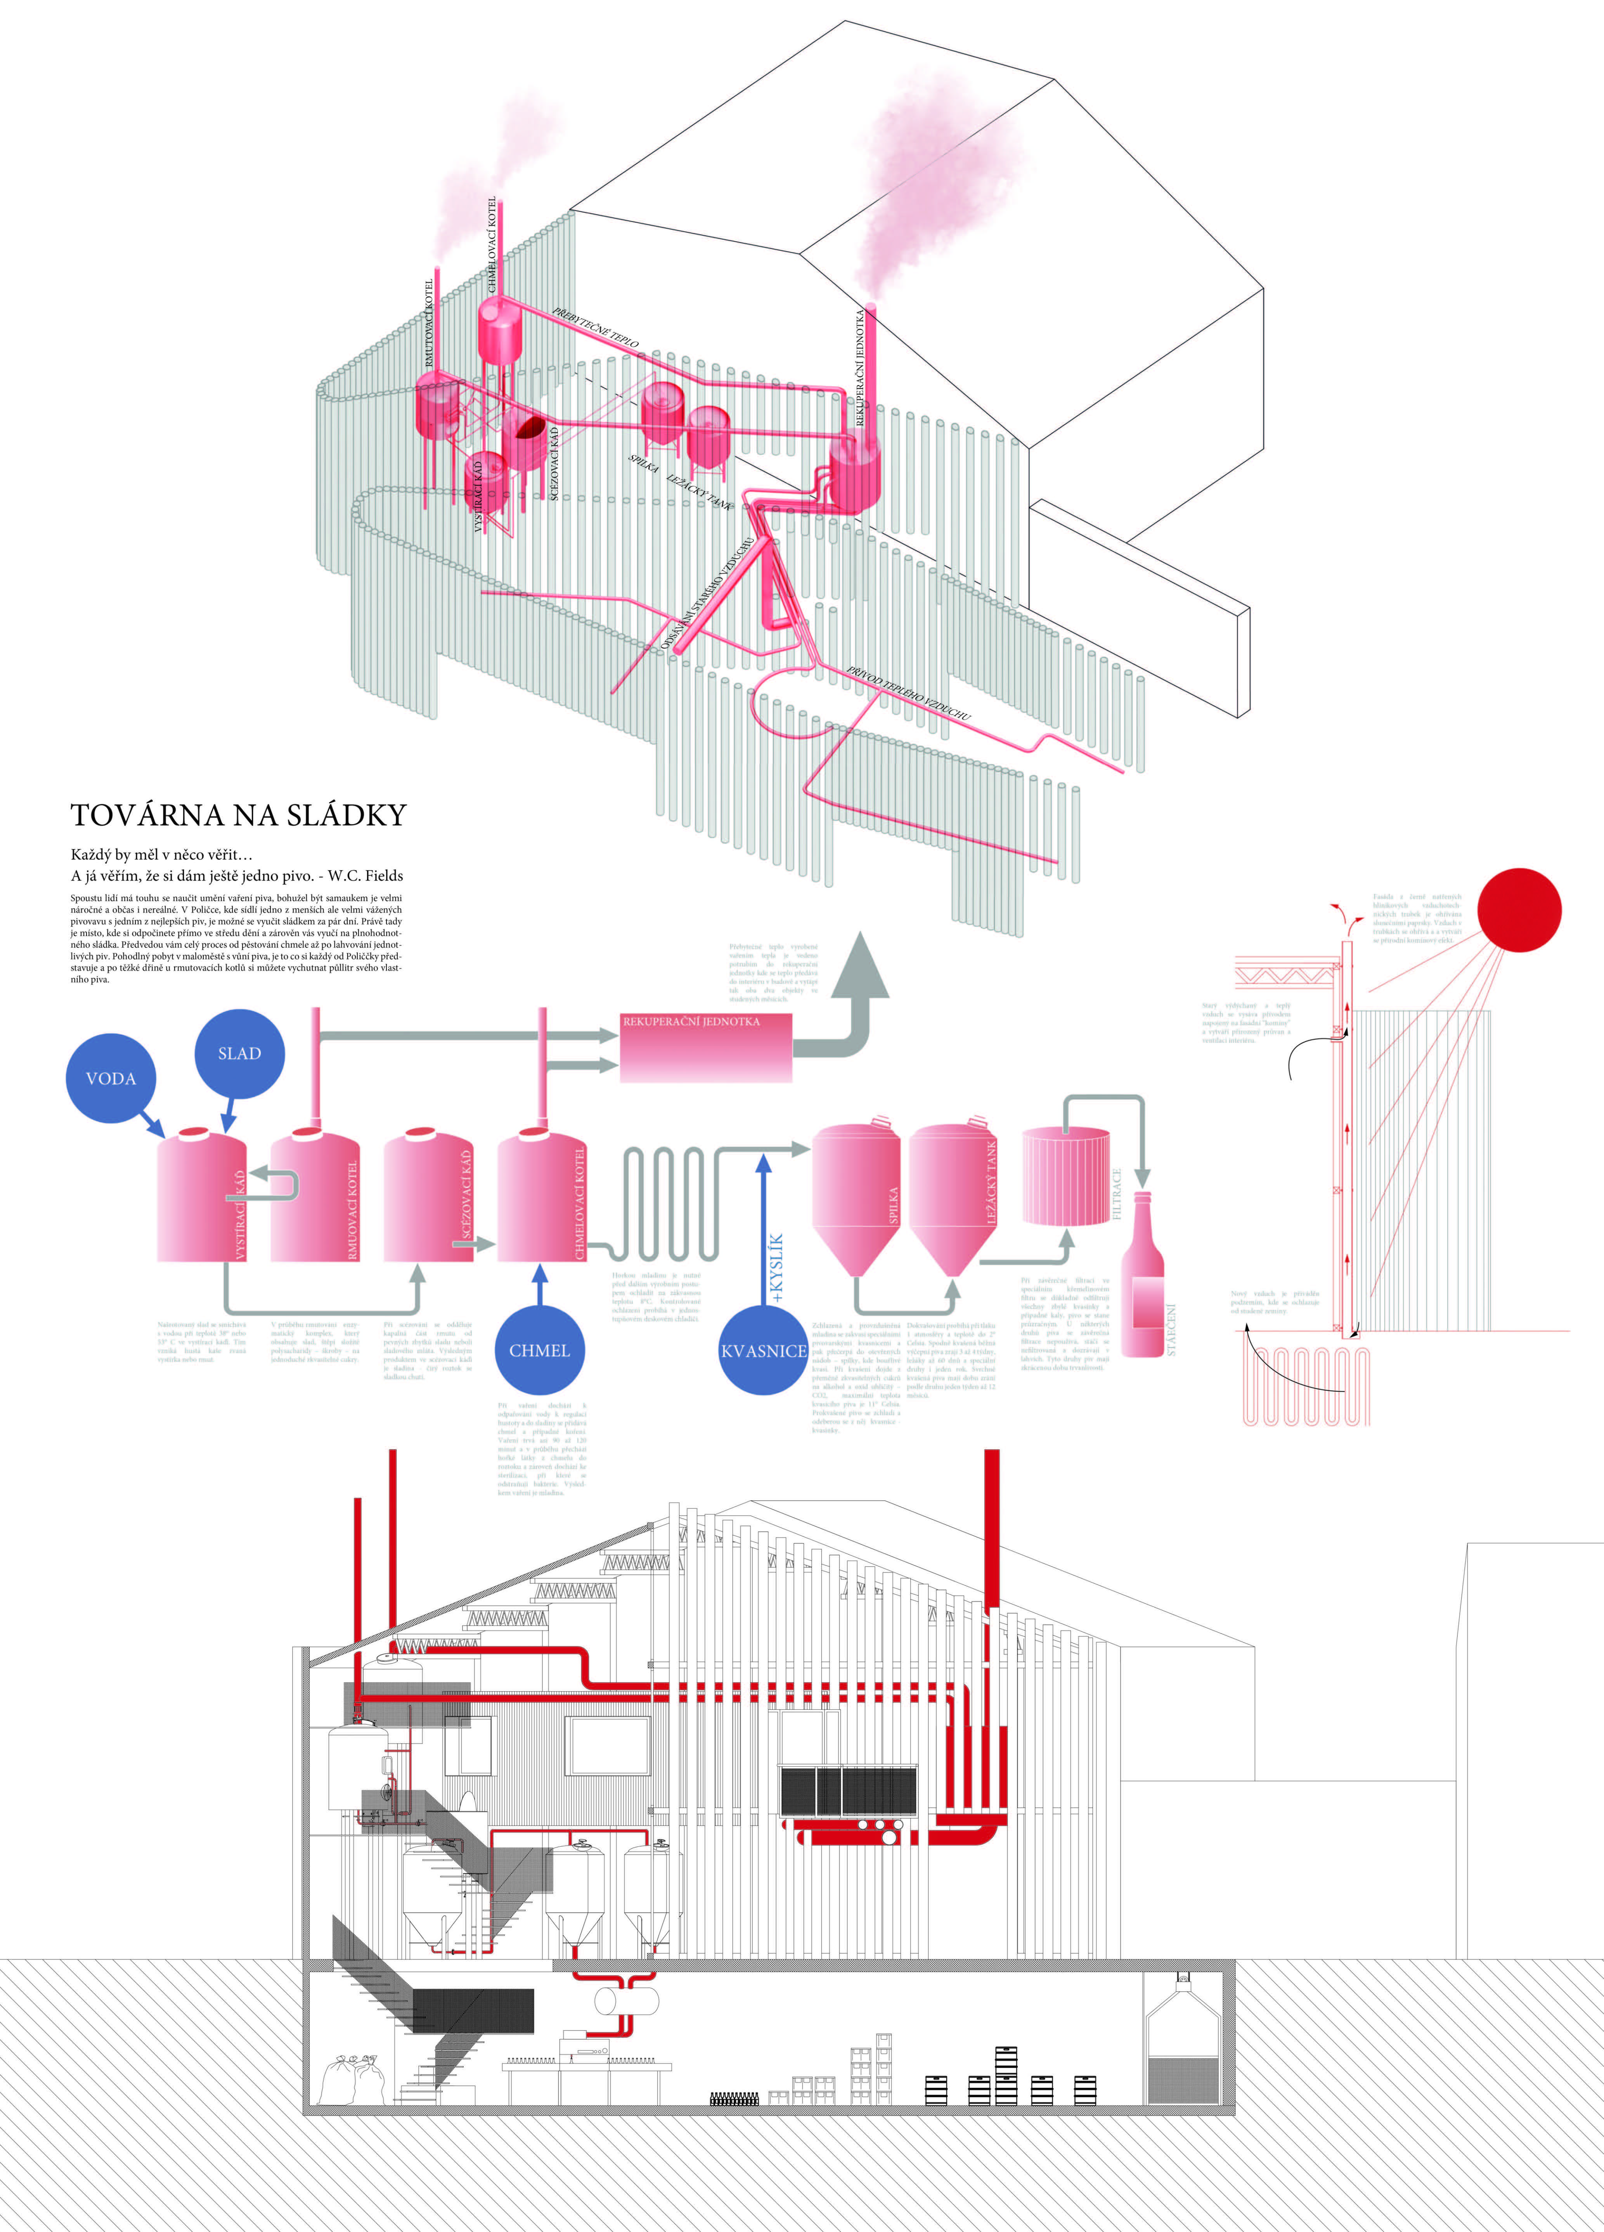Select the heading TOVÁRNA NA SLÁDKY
coord(238,815)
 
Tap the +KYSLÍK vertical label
coord(778,1269)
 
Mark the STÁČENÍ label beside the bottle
coord(1171,1328)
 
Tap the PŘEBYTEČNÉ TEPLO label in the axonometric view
coord(595,328)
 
